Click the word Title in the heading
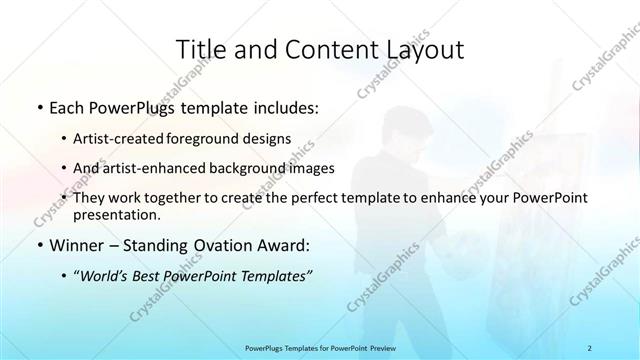click(x=200, y=49)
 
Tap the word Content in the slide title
click(x=320, y=49)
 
